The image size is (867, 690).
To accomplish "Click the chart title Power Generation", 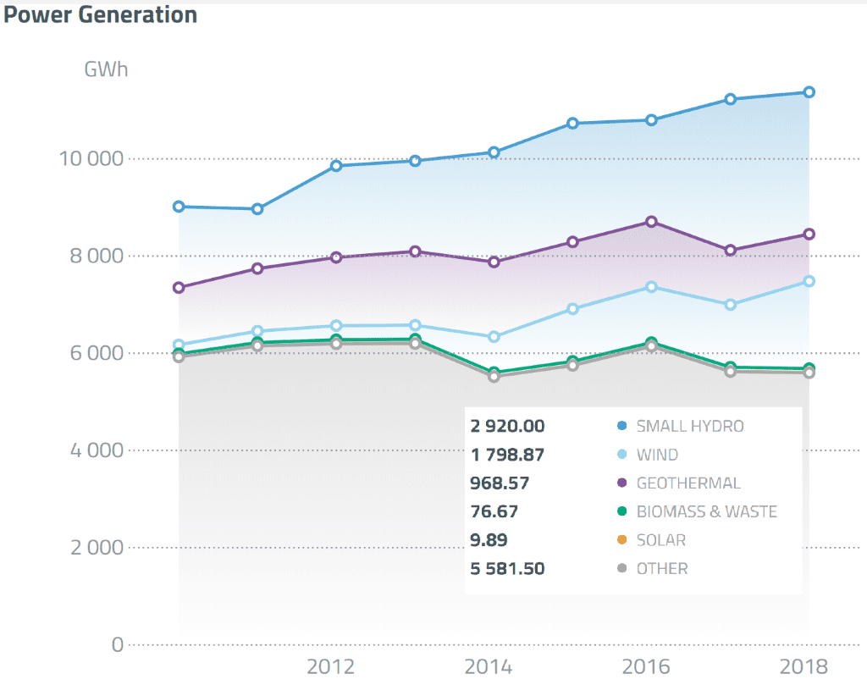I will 100,14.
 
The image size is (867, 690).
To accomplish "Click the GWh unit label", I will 106,69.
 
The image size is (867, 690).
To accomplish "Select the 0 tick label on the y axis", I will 118,644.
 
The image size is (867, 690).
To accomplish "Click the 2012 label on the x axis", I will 330,667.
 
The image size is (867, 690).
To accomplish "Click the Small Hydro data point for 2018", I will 809,91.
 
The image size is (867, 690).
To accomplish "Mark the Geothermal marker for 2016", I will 651,222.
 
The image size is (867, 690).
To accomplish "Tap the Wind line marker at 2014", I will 494,337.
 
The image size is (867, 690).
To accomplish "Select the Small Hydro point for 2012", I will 336,166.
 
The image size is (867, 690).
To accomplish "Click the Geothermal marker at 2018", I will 809,235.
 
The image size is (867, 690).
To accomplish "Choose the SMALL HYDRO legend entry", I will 689,426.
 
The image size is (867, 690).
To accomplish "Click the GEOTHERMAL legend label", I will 688,483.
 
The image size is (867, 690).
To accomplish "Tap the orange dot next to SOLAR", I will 621,540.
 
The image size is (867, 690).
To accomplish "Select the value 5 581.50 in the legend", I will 507,569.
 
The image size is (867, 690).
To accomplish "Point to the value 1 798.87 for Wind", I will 507,455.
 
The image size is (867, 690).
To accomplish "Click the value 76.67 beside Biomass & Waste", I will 494,511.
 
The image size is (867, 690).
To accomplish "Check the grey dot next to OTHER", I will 621,569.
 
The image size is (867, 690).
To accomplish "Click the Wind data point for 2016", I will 651,287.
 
